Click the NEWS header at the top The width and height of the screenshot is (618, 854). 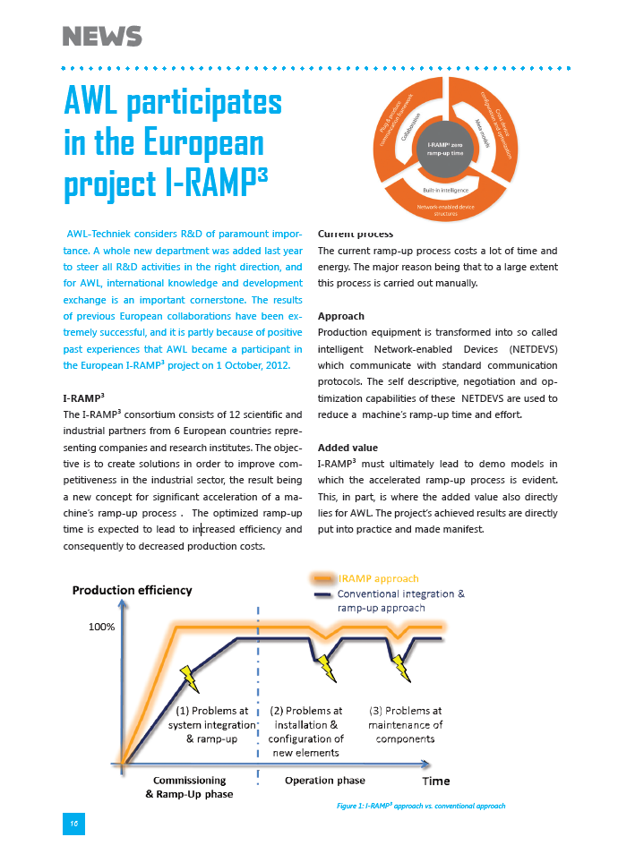coord(102,37)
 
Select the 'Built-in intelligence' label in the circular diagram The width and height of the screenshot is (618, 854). coord(444,190)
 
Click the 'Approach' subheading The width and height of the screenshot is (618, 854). coord(341,316)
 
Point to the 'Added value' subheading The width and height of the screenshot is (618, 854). coord(348,447)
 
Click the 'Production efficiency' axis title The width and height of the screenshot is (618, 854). coord(132,590)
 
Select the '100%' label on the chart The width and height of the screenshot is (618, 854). coord(101,627)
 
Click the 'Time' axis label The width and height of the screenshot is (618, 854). coord(436,781)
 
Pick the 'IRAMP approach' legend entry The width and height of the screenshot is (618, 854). coord(378,578)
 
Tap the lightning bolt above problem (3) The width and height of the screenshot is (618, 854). coord(399,666)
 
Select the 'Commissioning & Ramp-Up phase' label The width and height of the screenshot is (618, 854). coord(189,787)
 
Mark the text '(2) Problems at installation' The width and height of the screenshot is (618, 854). coord(305,718)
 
